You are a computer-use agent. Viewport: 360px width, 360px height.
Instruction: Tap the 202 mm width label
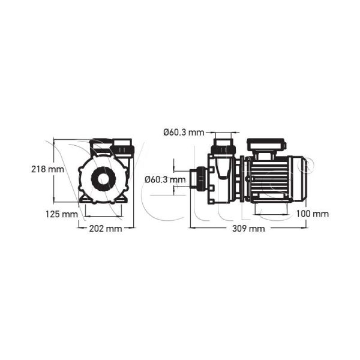[106, 229]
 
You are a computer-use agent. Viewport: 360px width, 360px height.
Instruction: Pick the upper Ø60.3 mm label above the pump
[184, 132]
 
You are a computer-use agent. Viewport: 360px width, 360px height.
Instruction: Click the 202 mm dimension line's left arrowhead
[81, 228]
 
